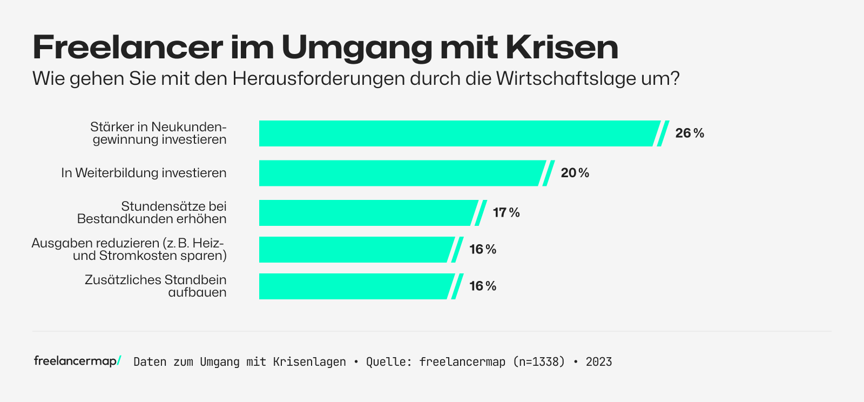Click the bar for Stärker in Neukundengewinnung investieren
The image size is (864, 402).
pyautogui.click(x=456, y=133)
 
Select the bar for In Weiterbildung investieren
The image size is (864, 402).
pyautogui.click(x=400, y=173)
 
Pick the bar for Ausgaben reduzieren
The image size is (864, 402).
pyautogui.click(x=354, y=250)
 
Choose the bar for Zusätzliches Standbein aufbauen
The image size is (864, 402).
pyautogui.click(x=354, y=286)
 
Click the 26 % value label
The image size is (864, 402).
pyautogui.click(x=690, y=133)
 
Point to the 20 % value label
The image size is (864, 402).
pyautogui.click(x=575, y=173)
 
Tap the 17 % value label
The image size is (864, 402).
pyautogui.click(x=506, y=213)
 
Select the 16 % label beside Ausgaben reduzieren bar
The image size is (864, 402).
pyautogui.click(x=483, y=250)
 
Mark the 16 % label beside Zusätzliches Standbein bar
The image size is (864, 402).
pyautogui.click(x=483, y=286)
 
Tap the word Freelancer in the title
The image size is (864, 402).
pyautogui.click(x=127, y=48)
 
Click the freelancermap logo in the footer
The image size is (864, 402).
pyautogui.click(x=77, y=361)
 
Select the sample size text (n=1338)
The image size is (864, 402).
pyautogui.click(x=538, y=362)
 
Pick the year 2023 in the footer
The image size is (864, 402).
pyautogui.click(x=599, y=362)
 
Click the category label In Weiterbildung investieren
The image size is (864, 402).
pyautogui.click(x=144, y=173)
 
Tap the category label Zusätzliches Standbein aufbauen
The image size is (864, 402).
pyautogui.click(x=156, y=286)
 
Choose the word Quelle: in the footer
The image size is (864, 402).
pyautogui.click(x=389, y=362)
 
